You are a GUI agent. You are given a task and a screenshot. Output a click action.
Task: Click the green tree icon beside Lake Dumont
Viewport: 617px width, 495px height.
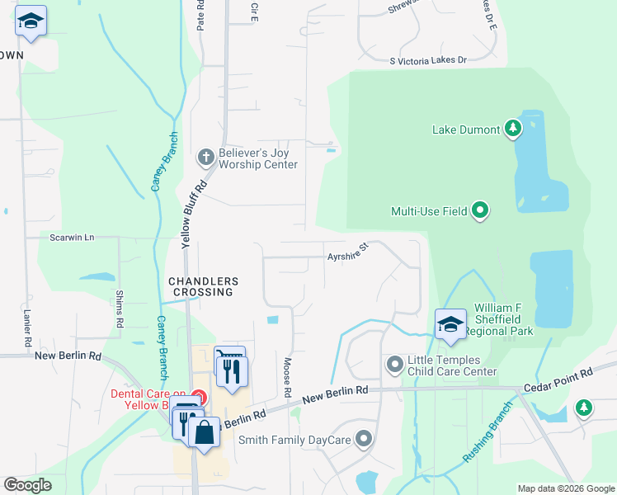pos(513,129)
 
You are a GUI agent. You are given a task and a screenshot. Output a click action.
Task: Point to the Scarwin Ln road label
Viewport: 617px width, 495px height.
pos(73,238)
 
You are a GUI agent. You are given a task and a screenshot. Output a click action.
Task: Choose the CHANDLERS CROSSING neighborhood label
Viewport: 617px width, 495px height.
pos(203,286)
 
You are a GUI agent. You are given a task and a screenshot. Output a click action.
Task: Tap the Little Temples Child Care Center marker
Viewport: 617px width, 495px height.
pos(395,363)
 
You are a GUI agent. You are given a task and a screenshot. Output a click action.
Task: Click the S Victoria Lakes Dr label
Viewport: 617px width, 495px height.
pos(428,60)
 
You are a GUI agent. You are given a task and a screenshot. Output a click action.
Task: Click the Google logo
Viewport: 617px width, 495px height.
pos(28,485)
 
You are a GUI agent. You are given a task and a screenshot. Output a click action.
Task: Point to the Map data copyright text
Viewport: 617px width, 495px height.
pos(564,488)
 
